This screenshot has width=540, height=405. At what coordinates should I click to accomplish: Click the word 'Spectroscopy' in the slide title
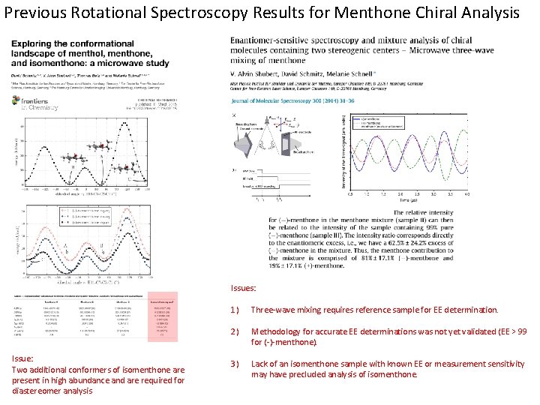pyautogui.click(x=197, y=13)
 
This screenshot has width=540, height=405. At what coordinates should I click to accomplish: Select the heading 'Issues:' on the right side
pyautogui.click(x=245, y=287)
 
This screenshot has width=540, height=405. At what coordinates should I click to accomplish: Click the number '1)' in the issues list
pyautogui.click(x=235, y=310)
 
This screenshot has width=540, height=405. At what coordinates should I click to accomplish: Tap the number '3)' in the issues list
pyautogui.click(x=235, y=364)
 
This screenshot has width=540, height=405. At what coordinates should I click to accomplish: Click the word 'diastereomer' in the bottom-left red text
pyautogui.click(x=36, y=391)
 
